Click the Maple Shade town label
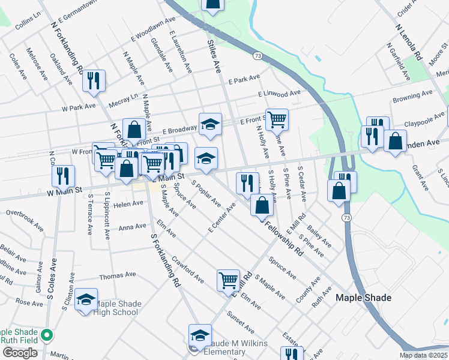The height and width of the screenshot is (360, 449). pos(363,298)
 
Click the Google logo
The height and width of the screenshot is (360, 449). pos(20,352)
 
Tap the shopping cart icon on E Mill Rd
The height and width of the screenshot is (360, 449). pos(228,279)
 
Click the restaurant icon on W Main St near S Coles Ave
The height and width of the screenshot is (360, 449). pos(62,176)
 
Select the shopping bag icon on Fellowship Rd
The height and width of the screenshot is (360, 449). pos(262,205)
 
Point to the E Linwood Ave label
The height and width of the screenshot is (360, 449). pos(279,94)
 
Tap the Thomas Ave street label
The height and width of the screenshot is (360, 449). pos(118,275)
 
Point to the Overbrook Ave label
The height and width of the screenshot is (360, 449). pos(25,212)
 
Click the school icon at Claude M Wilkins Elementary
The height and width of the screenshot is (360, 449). pos(200,335)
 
